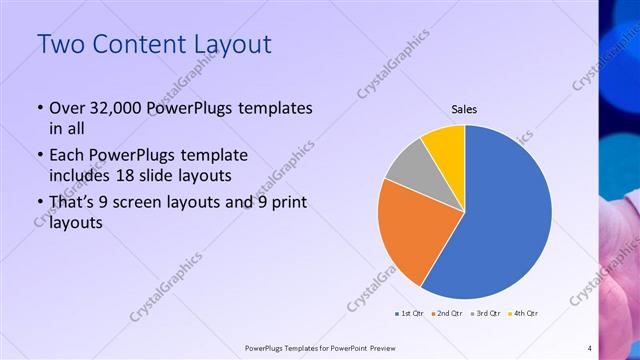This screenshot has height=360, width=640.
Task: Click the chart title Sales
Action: point(464,109)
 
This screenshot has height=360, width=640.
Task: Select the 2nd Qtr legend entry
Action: point(446,313)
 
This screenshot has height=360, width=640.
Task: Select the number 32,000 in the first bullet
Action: point(119,108)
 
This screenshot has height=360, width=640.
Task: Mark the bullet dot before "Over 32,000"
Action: point(39,108)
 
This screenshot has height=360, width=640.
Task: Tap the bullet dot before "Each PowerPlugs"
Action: point(39,156)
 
